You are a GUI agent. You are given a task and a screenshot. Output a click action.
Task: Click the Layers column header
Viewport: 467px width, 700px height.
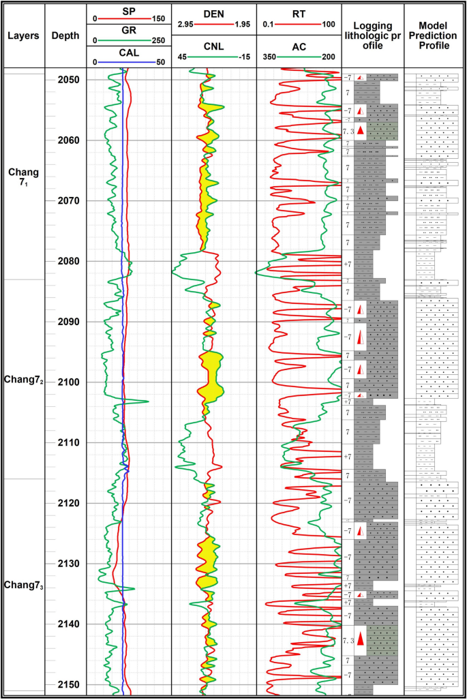tap(23, 35)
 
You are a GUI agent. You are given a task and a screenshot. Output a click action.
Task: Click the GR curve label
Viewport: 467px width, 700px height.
tap(128, 32)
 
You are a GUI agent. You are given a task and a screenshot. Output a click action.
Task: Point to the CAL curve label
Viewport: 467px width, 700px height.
tap(128, 52)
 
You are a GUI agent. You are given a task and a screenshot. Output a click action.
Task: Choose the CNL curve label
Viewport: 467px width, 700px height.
tap(213, 46)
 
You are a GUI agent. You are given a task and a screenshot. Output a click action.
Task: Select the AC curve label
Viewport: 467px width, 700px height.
tap(299, 46)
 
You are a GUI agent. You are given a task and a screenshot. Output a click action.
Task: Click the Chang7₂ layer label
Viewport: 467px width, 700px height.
tap(23, 379)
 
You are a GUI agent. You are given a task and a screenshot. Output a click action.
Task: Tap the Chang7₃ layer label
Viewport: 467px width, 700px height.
tap(23, 585)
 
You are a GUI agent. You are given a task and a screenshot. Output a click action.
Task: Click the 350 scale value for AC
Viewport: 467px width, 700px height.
tap(269, 57)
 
